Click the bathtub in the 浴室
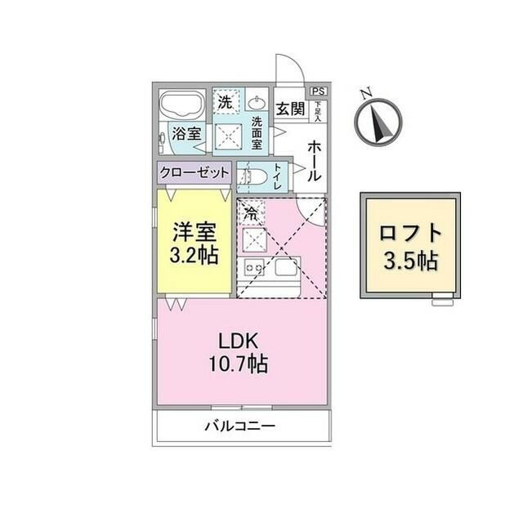tap(182, 107)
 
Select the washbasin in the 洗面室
tap(257, 104)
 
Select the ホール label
tap(314, 161)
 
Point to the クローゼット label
tap(194, 173)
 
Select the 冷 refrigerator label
tap(249, 212)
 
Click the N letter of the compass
tap(369, 91)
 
